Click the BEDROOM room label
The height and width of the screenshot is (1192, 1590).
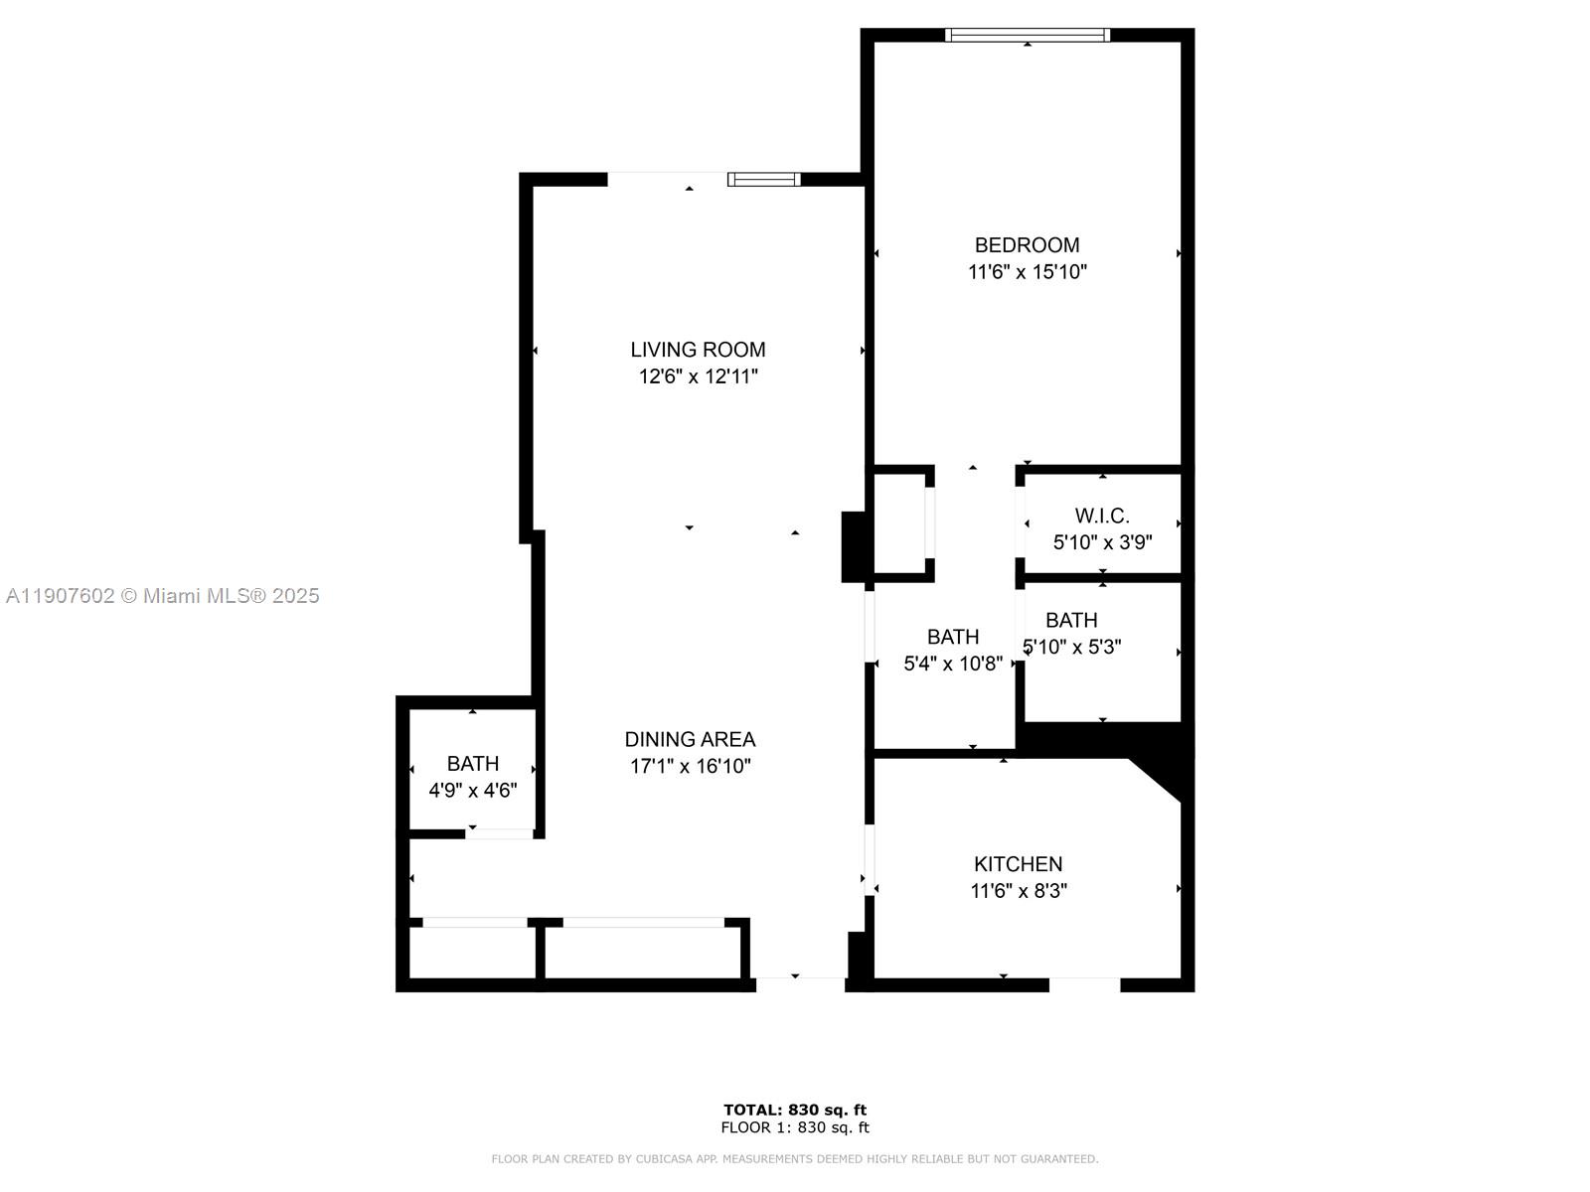[x=1027, y=245]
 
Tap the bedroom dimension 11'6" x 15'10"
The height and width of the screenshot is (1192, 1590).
[x=1027, y=272]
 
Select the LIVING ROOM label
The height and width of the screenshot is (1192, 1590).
[x=698, y=350]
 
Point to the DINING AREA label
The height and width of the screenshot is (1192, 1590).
[x=690, y=739]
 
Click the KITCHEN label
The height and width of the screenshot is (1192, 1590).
[x=1018, y=864]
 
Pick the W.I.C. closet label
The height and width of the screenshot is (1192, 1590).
[x=1102, y=516]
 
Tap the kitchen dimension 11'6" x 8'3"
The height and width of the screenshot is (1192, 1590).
[x=1018, y=891]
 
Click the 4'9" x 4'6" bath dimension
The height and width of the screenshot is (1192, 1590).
[x=472, y=791]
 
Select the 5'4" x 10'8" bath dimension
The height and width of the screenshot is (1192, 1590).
[x=952, y=664]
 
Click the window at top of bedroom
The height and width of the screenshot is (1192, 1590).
[x=1027, y=35]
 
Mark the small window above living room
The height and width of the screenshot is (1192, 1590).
[x=763, y=180]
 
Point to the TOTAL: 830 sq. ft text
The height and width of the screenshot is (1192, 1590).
[x=794, y=1110]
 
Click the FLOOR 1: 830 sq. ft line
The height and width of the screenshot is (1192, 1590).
[x=794, y=1127]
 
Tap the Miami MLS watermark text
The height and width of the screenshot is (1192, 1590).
[x=162, y=596]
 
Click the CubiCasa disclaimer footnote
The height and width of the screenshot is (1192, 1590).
[x=794, y=1159]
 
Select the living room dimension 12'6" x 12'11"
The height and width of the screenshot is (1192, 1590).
[x=698, y=376]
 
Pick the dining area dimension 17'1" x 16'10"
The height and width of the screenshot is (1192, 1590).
[x=690, y=766]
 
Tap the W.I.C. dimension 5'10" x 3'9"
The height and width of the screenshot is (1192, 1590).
[x=1102, y=542]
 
